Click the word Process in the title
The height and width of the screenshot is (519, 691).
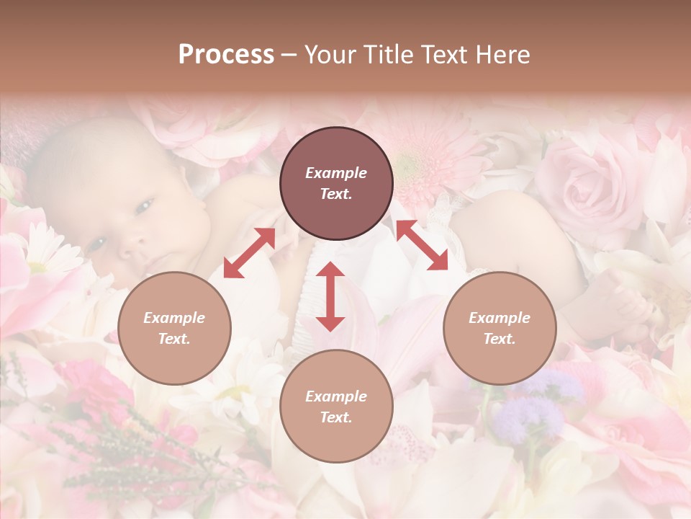(226, 55)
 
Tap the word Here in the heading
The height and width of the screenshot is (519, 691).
(500, 55)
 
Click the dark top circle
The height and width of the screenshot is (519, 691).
(336, 184)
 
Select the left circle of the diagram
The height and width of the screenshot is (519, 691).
(174, 328)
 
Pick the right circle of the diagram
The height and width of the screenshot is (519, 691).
(500, 328)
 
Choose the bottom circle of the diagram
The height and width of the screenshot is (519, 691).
(336, 407)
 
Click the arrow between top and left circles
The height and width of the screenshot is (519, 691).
(249, 253)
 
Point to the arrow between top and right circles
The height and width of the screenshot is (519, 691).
(422, 245)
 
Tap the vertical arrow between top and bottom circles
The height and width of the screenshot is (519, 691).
(330, 297)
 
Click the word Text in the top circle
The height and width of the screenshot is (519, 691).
(336, 195)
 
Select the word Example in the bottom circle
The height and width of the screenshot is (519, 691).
(336, 396)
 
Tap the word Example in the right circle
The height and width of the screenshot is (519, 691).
(500, 317)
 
